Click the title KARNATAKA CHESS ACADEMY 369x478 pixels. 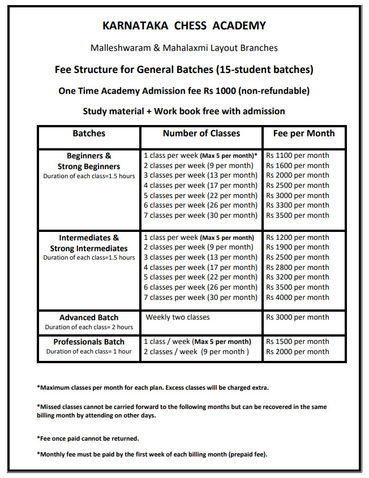tap(184, 26)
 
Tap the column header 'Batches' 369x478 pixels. tap(89, 134)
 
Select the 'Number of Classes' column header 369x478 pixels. tap(201, 134)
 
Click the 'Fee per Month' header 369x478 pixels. tap(304, 134)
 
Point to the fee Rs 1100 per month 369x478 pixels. tap(298, 156)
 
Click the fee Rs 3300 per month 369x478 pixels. tap(298, 205)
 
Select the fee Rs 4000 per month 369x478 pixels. tap(298, 298)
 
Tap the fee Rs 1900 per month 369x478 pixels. tap(298, 247)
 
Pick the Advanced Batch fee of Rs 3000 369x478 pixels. tap(298, 317)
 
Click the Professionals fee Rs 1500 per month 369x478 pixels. tap(298, 342)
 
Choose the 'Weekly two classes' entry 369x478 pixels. tap(178, 317)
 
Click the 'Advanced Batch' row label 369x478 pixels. tap(89, 318)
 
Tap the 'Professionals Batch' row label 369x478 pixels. tap(89, 342)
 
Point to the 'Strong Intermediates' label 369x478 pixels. tap(89, 248)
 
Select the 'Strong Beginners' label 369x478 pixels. tap(89, 166)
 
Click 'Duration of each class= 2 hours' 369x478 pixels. tap(89, 328)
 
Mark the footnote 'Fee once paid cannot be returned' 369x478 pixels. tap(88, 438)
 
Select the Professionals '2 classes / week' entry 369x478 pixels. tap(196, 352)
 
